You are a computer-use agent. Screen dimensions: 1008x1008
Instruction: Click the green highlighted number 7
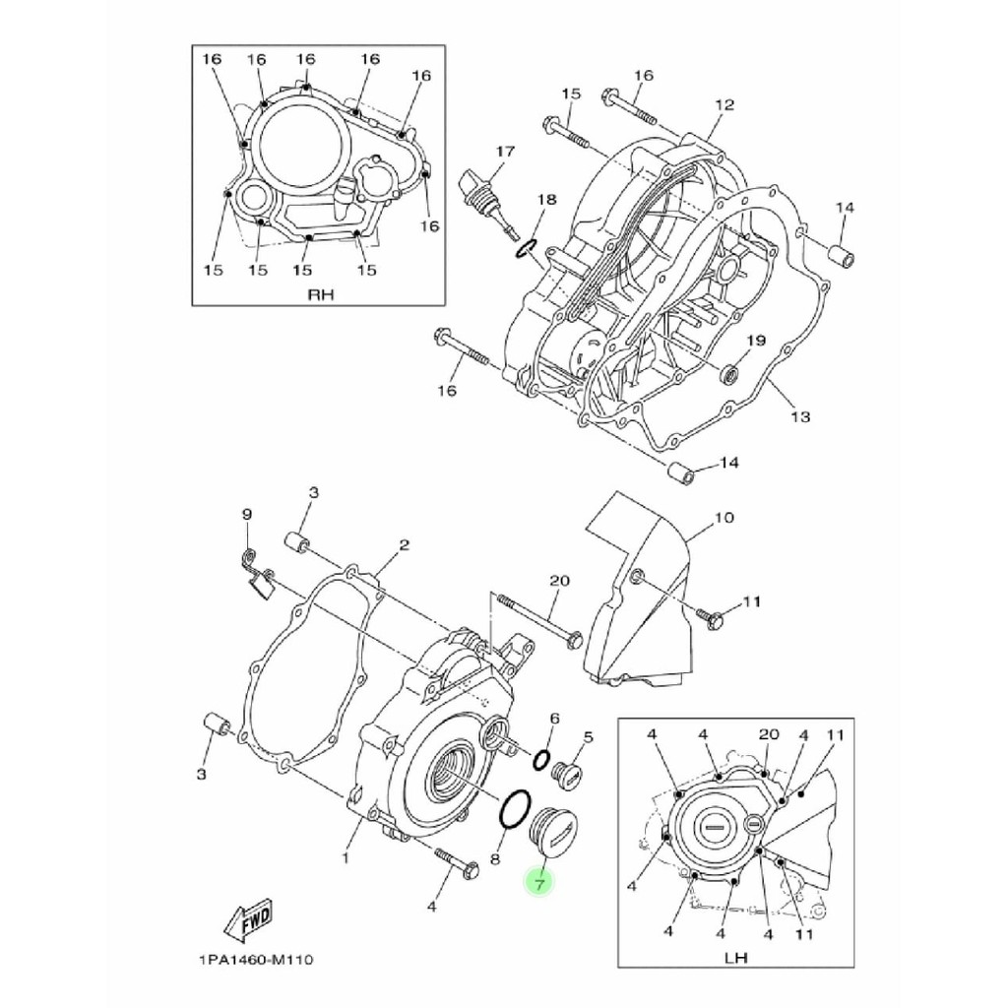click(x=539, y=884)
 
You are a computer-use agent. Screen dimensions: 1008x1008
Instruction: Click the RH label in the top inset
click(x=321, y=295)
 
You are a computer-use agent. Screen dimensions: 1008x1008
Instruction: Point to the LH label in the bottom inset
click(x=735, y=957)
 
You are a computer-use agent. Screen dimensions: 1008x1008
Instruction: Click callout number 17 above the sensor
click(x=505, y=152)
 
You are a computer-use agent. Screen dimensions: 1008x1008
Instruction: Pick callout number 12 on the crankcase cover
click(x=724, y=104)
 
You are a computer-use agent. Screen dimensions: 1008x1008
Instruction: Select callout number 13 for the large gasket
click(x=800, y=416)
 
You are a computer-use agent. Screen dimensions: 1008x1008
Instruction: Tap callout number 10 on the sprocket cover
click(x=724, y=518)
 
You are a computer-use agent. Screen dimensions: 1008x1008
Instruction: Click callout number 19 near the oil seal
click(x=756, y=340)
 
